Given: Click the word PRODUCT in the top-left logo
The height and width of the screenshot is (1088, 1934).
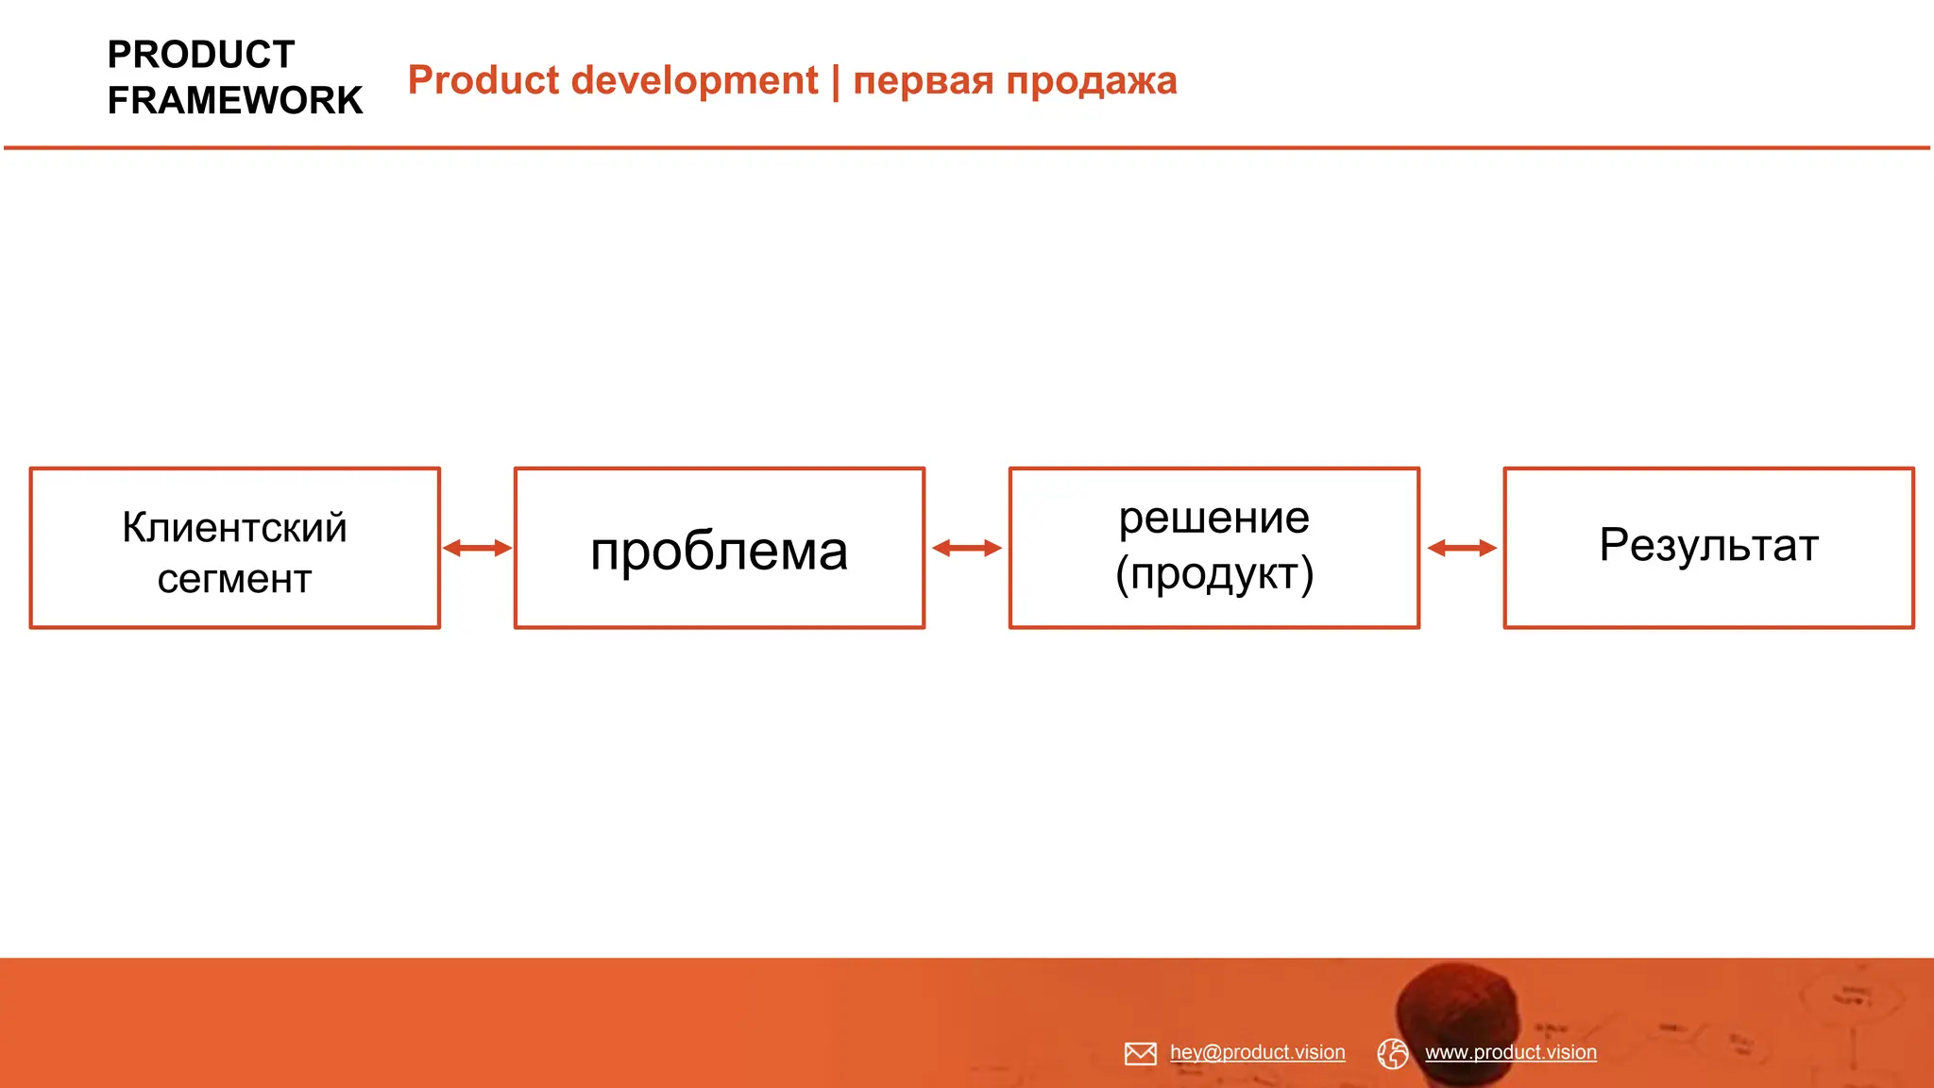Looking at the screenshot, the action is pos(201,55).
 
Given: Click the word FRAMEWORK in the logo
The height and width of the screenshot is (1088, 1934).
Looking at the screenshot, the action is pos(235,100).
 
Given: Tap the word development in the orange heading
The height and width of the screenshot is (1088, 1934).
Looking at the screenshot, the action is pos(695,80).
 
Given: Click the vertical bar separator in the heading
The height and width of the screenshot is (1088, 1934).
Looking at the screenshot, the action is pos(836,81).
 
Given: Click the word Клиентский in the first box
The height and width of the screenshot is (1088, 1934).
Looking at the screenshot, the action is pos(235,527).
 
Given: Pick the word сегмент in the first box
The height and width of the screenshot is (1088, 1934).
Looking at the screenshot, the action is pos(235,579).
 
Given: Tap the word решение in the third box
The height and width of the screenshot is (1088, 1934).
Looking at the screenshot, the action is pos(1214,518).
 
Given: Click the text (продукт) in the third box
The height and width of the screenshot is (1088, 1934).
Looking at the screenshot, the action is pos(1214,573).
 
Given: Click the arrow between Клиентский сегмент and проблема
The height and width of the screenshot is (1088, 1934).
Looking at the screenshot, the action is pos(477,548).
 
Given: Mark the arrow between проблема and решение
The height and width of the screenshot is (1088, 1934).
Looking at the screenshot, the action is pos(967,548).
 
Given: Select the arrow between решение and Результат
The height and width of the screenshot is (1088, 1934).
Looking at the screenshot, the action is pos(1462,548).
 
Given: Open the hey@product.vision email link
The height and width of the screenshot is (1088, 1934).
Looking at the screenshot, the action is pos(1258,1052).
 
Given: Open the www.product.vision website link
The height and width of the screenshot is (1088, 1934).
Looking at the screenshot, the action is pos(1511,1052).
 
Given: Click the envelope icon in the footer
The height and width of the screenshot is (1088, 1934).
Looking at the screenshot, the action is pos(1141,1053).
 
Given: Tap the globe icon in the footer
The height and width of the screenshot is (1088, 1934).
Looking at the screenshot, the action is pos(1393,1053).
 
